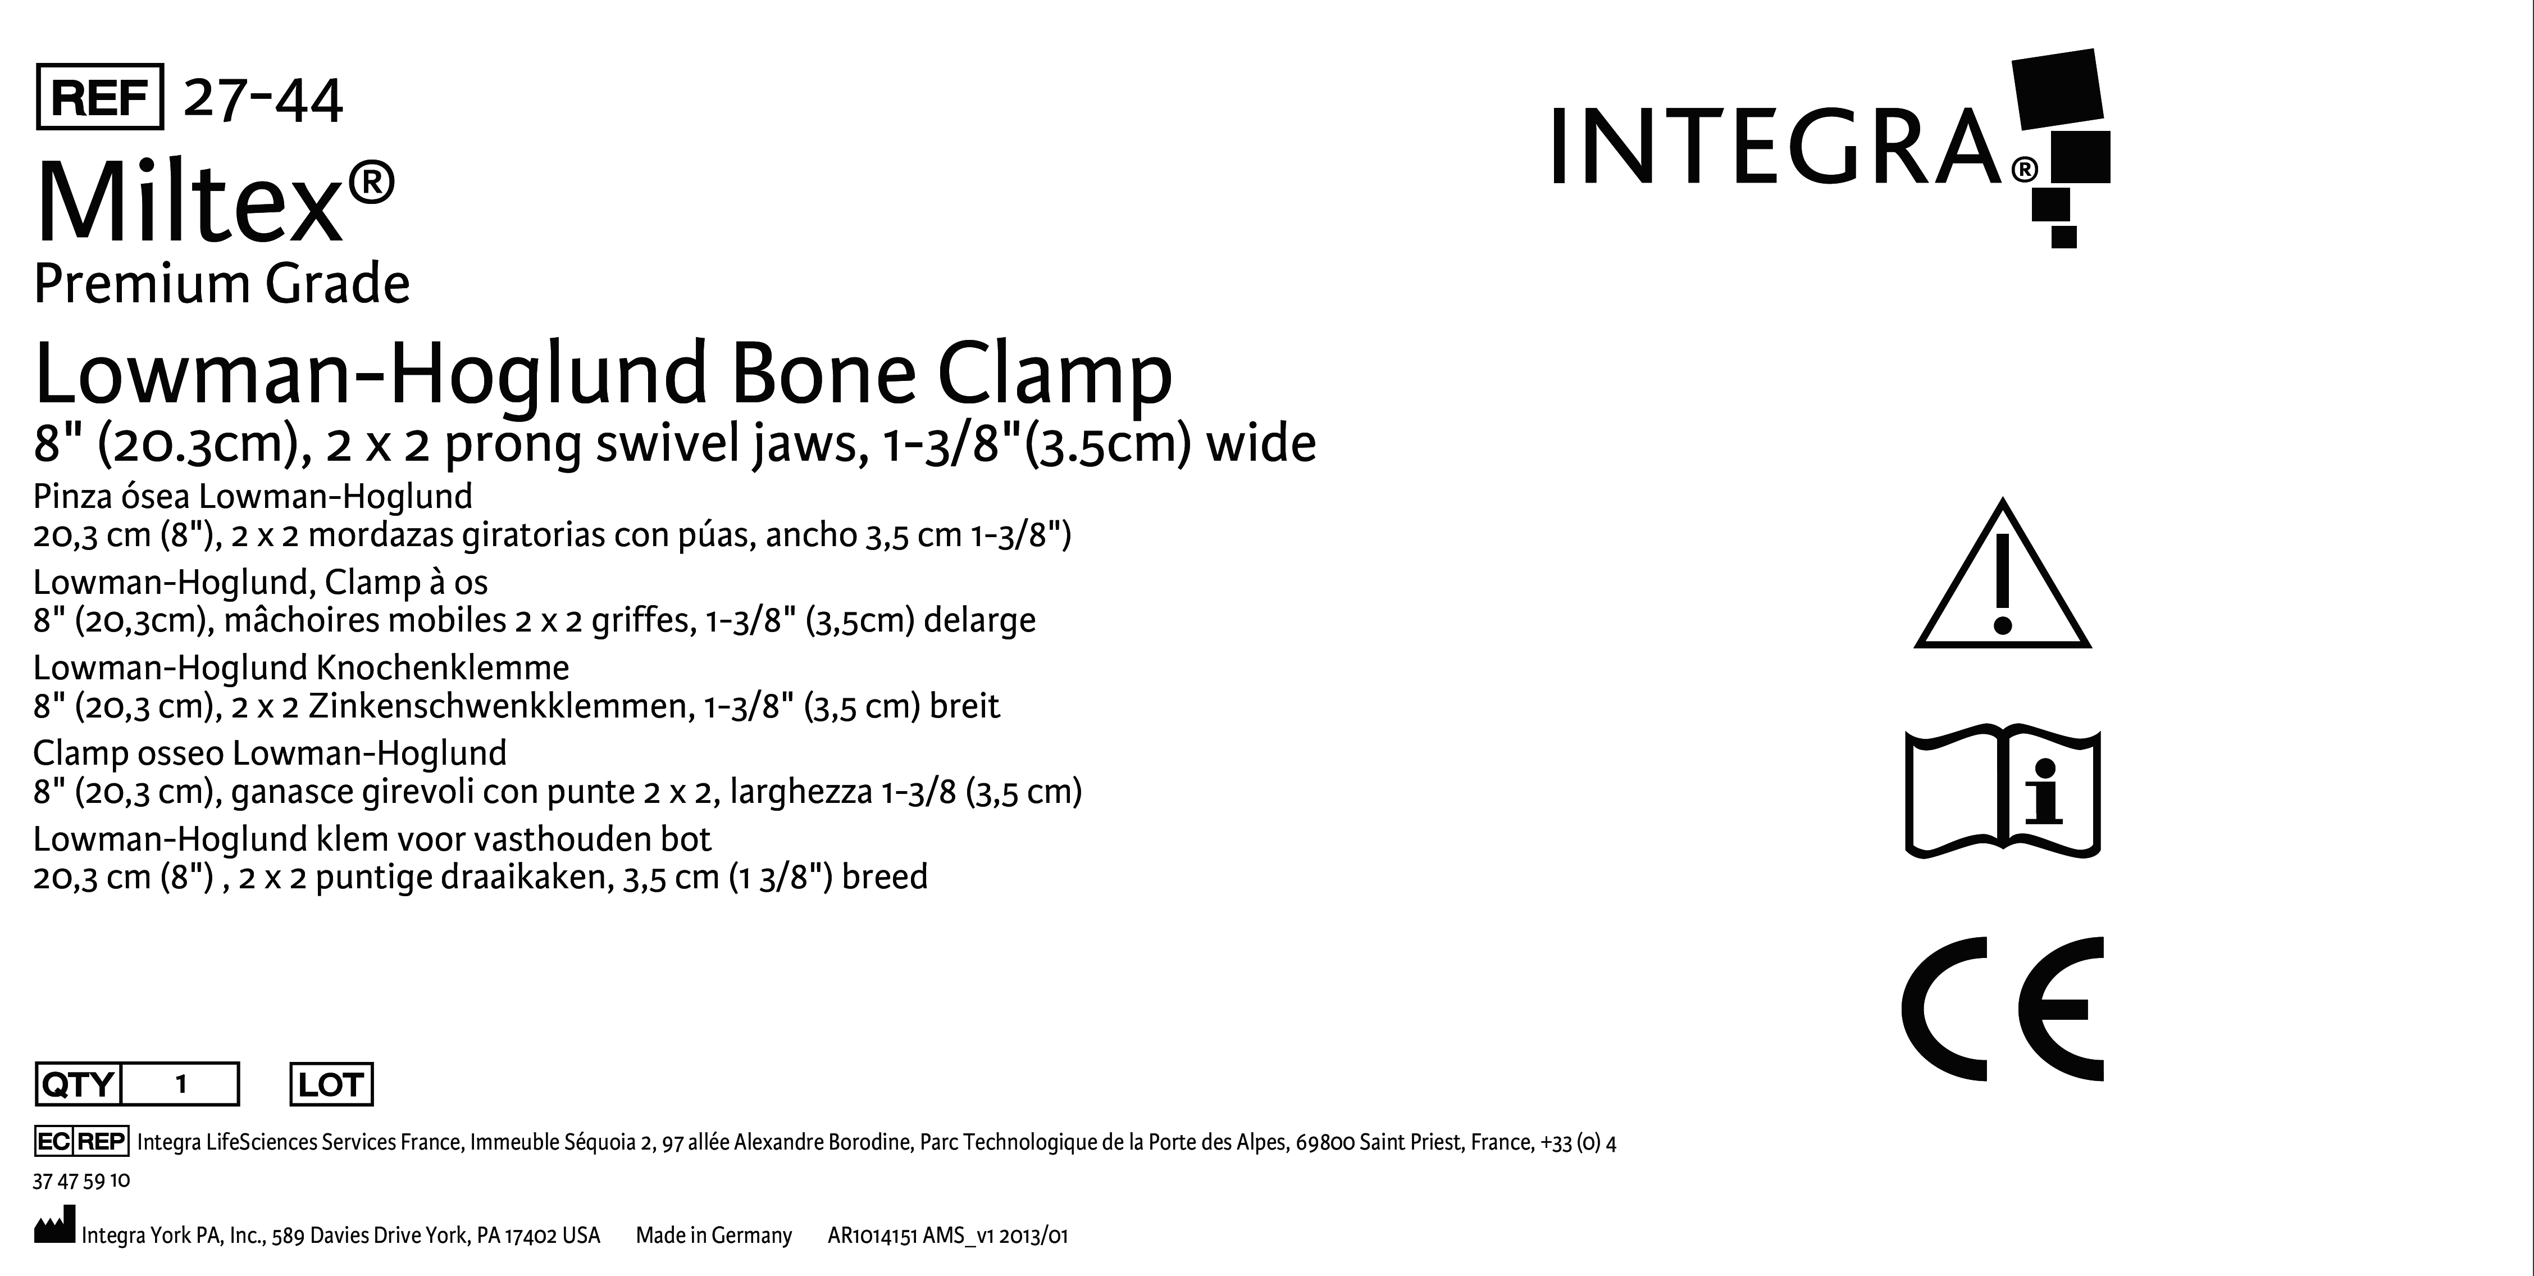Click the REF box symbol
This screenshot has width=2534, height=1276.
(x=99, y=97)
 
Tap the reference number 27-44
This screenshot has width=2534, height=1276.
(x=263, y=99)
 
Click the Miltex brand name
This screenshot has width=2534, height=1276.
(x=215, y=203)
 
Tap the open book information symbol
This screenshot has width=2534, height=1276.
(x=2002, y=793)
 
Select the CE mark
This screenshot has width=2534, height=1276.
(x=2002, y=1009)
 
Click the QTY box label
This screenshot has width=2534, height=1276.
(x=77, y=1084)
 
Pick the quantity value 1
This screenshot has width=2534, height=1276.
(x=181, y=1084)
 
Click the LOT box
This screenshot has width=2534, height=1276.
(x=331, y=1084)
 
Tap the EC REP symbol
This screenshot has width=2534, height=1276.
(x=81, y=1141)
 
